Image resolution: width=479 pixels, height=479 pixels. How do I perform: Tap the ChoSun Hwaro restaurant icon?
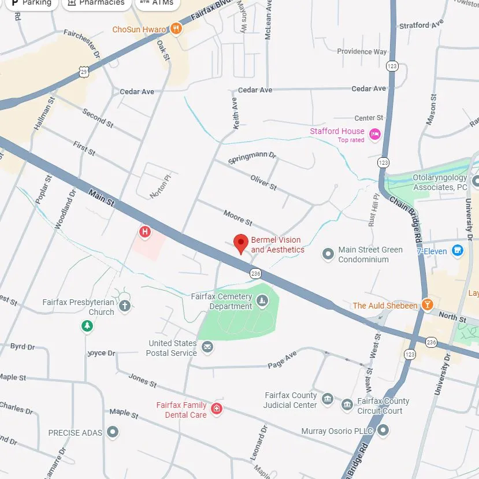(176, 29)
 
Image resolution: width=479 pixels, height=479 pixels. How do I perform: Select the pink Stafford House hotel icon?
(375, 135)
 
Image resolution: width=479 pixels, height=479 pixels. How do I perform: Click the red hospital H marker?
(145, 232)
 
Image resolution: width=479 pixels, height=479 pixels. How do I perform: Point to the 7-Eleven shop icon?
(458, 251)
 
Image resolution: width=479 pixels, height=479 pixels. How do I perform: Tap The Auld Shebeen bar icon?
(427, 305)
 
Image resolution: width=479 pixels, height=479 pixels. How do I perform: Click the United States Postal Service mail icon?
(207, 347)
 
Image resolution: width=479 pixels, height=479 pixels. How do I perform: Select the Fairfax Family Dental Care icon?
(217, 409)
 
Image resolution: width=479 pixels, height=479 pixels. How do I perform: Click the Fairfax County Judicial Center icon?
(328, 399)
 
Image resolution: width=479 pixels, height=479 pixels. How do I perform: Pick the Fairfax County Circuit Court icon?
(347, 405)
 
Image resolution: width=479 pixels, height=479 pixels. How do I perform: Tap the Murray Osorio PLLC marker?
(383, 430)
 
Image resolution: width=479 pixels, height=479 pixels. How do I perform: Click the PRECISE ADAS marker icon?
(113, 432)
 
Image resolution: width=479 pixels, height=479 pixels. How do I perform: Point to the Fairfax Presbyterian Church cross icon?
(125, 306)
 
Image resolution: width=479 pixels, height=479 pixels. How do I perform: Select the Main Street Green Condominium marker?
(328, 254)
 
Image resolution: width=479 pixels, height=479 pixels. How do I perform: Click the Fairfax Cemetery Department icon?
(262, 300)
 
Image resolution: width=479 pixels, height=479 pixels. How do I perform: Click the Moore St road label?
(237, 218)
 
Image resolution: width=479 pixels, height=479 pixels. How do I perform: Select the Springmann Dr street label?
(253, 158)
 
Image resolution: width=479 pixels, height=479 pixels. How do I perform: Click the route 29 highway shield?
(84, 71)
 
